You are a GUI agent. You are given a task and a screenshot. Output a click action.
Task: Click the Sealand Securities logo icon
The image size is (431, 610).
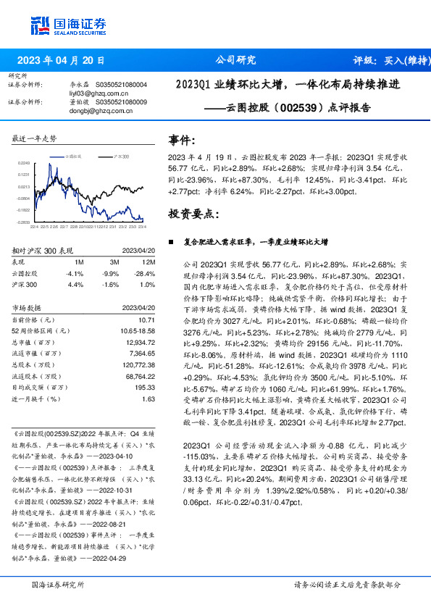41,25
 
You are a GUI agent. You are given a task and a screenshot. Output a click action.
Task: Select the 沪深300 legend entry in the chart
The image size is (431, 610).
120,156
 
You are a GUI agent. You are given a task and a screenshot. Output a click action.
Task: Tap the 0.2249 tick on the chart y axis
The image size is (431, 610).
25,164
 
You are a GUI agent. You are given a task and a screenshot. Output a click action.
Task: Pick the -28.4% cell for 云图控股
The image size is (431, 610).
147,274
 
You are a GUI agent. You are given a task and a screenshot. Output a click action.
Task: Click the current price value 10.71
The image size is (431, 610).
147,319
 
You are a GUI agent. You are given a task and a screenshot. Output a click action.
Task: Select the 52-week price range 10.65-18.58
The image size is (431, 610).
138,330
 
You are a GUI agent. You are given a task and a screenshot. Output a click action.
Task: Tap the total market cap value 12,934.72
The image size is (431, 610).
140,341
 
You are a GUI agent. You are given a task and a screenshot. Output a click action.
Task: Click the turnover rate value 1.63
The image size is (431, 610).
148,398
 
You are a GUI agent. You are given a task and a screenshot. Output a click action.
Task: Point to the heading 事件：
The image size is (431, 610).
183,141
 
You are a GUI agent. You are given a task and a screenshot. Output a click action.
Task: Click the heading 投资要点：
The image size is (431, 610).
193,214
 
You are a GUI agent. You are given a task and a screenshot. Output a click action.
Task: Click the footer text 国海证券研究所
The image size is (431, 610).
58,584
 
